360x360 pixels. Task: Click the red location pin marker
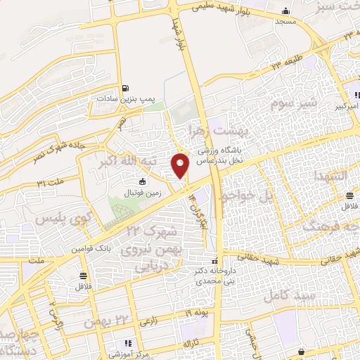(181, 165)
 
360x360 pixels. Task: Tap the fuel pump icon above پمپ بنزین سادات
(125, 89)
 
